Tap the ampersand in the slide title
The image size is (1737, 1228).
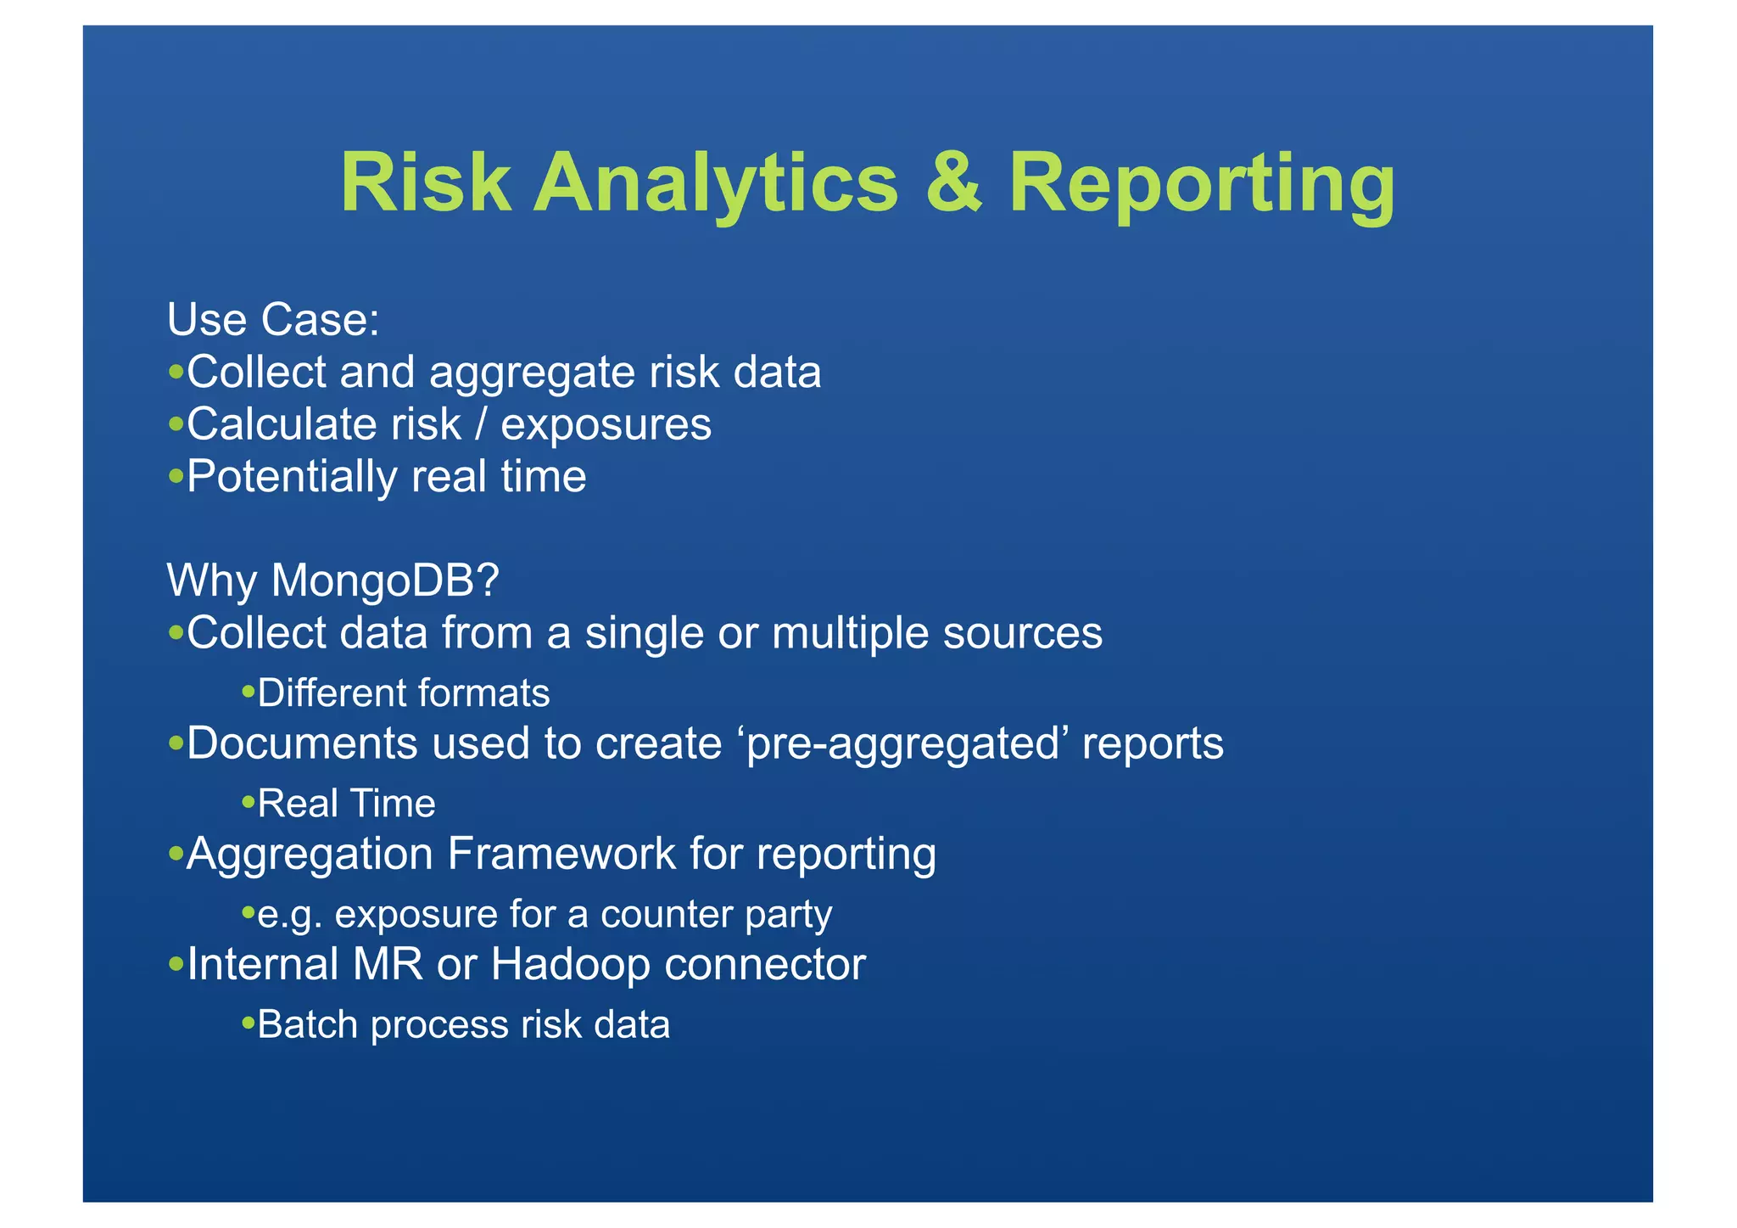tap(952, 182)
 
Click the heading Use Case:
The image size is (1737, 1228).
tap(273, 320)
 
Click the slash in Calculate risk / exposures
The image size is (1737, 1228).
tap(481, 424)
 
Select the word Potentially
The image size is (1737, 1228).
tap(292, 477)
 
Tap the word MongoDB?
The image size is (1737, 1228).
tap(385, 581)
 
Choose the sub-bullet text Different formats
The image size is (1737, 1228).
tap(403, 693)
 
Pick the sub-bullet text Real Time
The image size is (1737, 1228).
tap(346, 804)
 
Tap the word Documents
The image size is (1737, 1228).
tap(302, 743)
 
